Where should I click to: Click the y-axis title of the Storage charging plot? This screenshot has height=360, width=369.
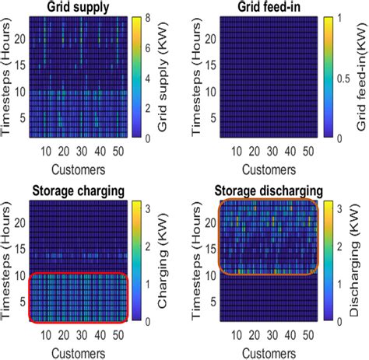coord(7,260)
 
